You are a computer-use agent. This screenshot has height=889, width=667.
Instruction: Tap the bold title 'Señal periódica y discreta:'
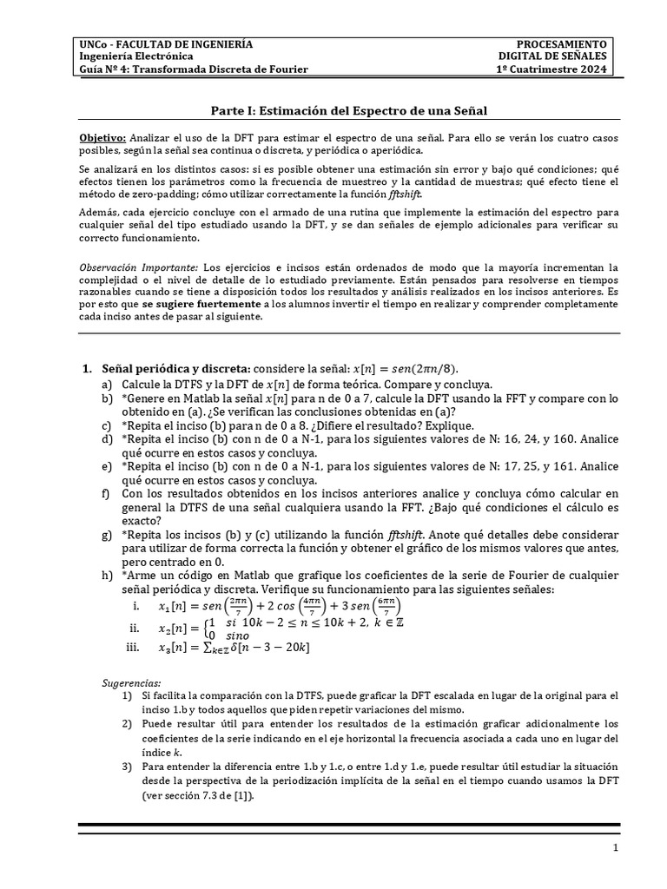(x=176, y=370)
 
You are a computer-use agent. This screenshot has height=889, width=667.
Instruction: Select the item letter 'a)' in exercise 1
(x=107, y=384)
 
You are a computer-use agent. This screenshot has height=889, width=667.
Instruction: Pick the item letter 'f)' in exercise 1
(x=107, y=493)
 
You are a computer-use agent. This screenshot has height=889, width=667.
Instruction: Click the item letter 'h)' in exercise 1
(x=107, y=575)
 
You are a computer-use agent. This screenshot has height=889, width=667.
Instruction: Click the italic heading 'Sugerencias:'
(x=127, y=683)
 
